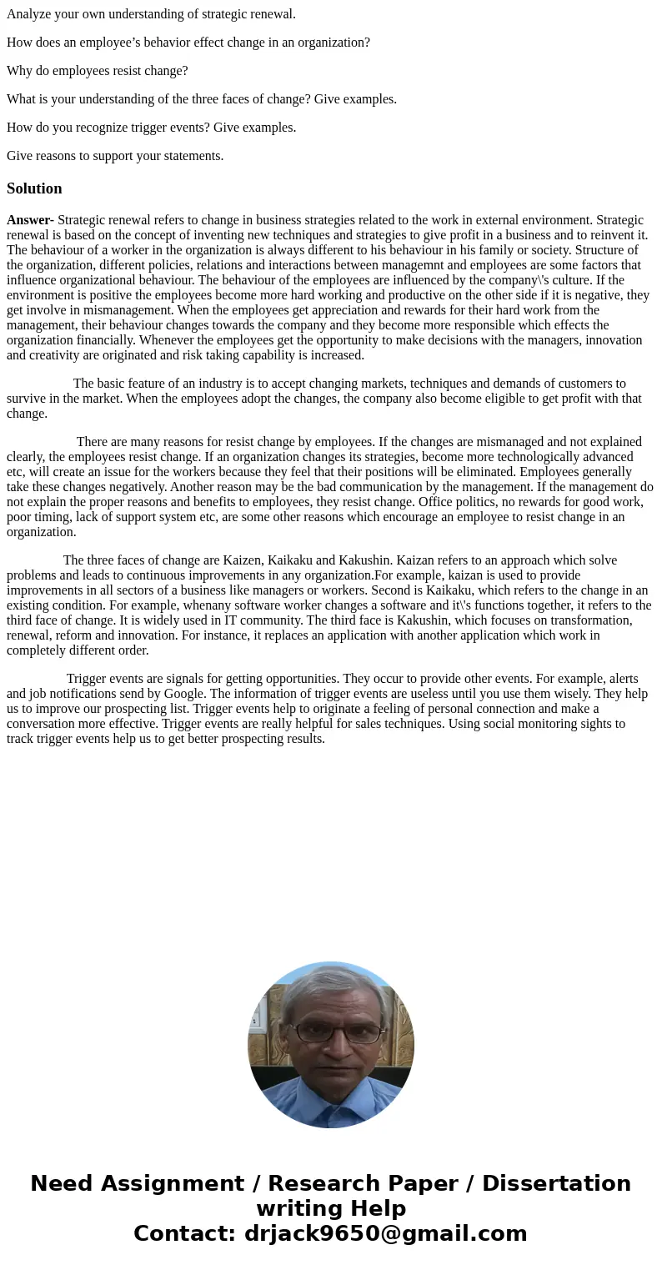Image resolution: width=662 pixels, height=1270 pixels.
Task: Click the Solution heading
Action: pyautogui.click(x=34, y=188)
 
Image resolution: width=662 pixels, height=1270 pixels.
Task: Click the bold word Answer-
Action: pyautogui.click(x=30, y=220)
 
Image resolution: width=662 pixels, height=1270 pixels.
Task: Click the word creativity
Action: pyautogui.click(x=56, y=355)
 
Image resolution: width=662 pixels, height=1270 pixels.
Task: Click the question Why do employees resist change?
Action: pyautogui.click(x=98, y=71)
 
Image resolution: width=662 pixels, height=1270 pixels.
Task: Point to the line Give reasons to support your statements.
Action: pyautogui.click(x=115, y=156)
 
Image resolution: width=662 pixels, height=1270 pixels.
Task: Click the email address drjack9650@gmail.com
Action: pyautogui.click(x=385, y=1234)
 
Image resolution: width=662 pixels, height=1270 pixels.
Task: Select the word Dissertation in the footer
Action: pyautogui.click(x=556, y=1184)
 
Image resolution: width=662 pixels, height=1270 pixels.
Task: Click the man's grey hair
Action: pyautogui.click(x=332, y=988)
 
